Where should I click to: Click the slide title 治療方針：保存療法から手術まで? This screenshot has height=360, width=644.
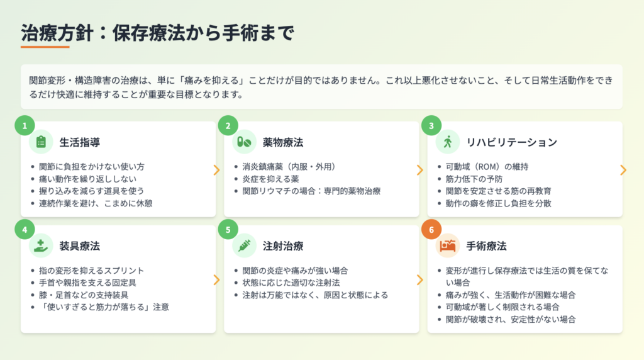click(158, 33)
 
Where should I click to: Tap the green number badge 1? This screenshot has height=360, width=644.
click(25, 125)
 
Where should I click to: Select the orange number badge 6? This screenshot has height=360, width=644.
click(431, 229)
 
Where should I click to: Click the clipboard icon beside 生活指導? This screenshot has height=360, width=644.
click(41, 142)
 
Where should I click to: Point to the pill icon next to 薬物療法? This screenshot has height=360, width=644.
click(244, 142)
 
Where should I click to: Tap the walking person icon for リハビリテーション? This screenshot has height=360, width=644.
click(448, 142)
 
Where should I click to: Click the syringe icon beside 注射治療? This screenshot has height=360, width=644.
click(245, 245)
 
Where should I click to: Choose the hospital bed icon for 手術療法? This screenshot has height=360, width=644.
click(448, 245)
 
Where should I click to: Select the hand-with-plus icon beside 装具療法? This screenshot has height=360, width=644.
click(41, 245)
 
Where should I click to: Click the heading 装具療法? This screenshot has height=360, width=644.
click(80, 246)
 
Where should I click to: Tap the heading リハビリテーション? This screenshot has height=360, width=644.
click(512, 142)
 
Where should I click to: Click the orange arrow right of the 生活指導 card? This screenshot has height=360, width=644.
click(216, 170)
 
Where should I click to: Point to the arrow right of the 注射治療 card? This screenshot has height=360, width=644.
click(419, 280)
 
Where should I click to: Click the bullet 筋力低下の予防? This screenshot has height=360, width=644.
click(474, 179)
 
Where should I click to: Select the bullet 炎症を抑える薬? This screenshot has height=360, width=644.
click(270, 179)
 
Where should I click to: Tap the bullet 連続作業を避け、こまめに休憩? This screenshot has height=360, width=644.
click(96, 203)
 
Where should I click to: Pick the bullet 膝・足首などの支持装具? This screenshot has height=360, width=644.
click(84, 295)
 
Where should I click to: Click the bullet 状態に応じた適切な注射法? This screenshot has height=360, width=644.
click(291, 283)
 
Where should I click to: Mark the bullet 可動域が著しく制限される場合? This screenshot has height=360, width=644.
click(502, 307)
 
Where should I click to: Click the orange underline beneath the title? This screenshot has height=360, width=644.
click(45, 47)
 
